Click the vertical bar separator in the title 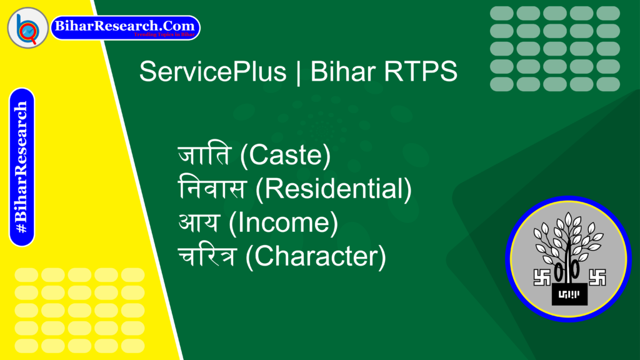pyautogui.click(x=297, y=72)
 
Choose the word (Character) pyautogui.click(x=315, y=256)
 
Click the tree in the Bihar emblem pyautogui.click(x=568, y=241)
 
